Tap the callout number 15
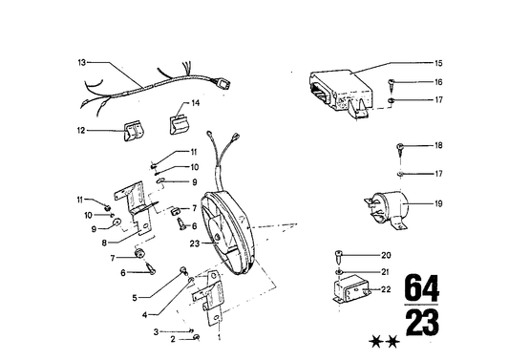click(438, 63)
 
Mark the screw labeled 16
click(393, 83)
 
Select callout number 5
click(138, 297)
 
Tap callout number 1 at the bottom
click(221, 338)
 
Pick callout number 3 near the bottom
click(157, 330)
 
